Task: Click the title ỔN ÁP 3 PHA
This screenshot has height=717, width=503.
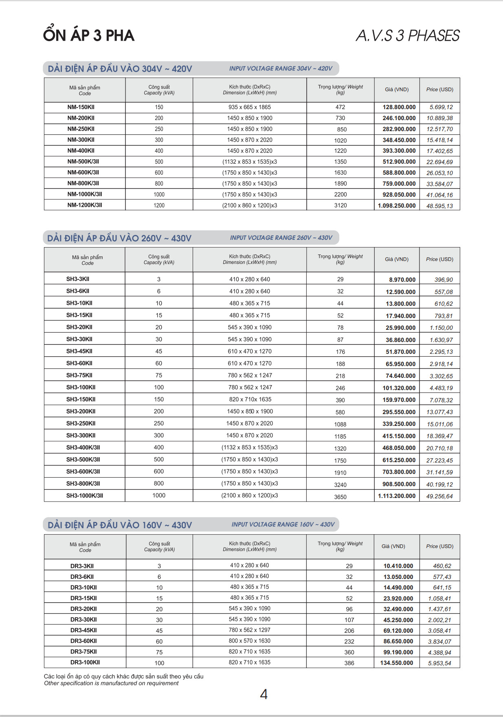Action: click(x=89, y=35)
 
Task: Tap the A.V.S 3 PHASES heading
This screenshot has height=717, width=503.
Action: click(x=408, y=36)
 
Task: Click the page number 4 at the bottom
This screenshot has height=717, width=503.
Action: click(x=264, y=694)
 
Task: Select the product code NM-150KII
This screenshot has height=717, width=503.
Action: click(x=81, y=107)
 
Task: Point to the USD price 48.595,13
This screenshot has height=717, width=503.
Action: click(x=439, y=206)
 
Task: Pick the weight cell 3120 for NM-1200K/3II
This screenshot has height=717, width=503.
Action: click(x=340, y=206)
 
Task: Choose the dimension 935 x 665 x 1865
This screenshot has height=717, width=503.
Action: click(x=250, y=107)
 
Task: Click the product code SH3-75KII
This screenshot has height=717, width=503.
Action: click(x=79, y=375)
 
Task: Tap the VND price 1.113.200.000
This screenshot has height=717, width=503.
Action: click(x=397, y=496)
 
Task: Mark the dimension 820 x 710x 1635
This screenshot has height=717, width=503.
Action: click(x=250, y=399)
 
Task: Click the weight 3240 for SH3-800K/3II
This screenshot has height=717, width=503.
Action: click(x=340, y=485)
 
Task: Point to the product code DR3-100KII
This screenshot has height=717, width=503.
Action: click(x=85, y=662)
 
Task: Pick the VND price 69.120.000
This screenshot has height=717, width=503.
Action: click(x=398, y=631)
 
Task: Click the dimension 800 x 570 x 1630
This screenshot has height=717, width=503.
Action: click(x=250, y=641)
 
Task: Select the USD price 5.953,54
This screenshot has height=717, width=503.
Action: click(x=439, y=663)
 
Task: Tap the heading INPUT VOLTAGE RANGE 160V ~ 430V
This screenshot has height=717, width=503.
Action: click(x=283, y=524)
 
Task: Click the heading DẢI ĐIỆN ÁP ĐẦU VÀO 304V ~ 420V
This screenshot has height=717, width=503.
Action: click(x=120, y=69)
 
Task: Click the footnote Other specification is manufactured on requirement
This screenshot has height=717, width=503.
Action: click(x=111, y=684)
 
